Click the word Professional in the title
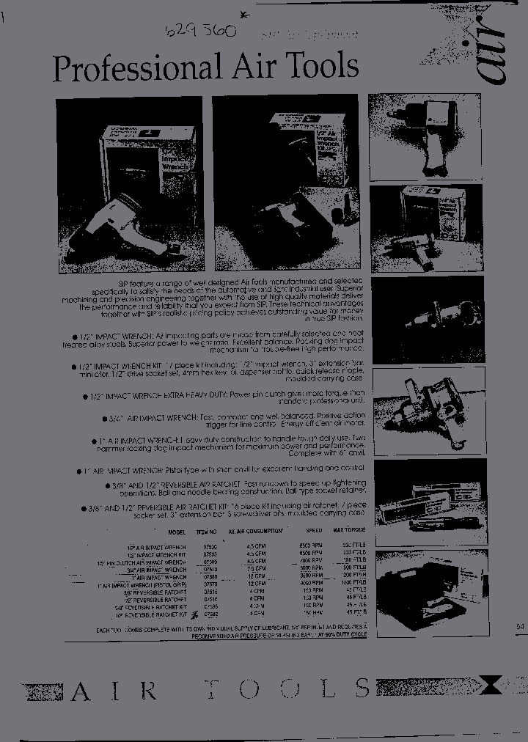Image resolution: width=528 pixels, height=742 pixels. [136, 67]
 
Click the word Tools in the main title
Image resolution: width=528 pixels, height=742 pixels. [320, 66]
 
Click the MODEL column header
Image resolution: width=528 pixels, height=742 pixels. [177, 532]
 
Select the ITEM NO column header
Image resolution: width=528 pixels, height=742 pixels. [208, 532]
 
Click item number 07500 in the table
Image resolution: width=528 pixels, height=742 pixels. [209, 547]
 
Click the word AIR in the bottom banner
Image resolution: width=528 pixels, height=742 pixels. [113, 690]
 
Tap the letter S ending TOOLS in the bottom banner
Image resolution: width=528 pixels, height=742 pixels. [362, 688]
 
